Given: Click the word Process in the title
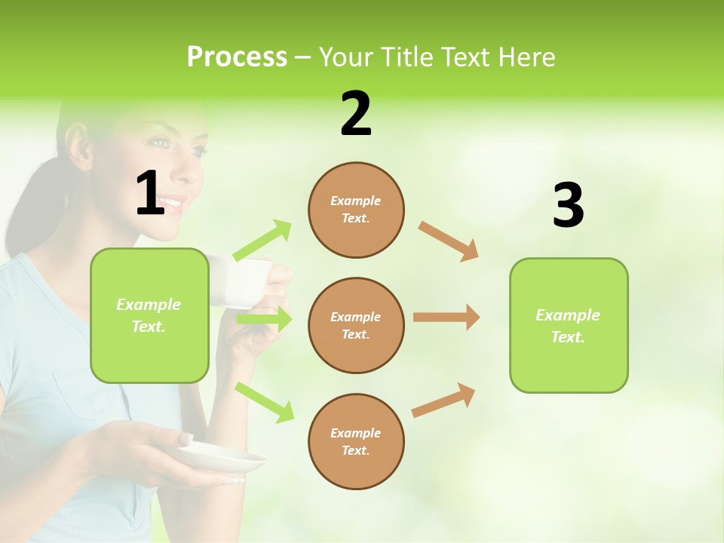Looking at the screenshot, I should tap(237, 57).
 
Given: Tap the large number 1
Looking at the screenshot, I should tap(150, 195).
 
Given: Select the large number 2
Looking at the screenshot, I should tap(356, 115).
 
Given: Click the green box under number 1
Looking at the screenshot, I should tap(149, 315).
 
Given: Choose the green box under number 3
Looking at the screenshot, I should tap(569, 326).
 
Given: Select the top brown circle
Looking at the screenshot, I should tap(356, 210).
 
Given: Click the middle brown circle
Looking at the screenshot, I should tap(356, 326).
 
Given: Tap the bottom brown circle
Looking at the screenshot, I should tap(356, 442).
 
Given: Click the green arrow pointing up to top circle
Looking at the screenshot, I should tap(262, 241).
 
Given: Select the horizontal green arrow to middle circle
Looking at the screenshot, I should tap(264, 319).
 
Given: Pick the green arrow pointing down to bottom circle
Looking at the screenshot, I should tap(265, 402).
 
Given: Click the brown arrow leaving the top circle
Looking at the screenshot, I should tap(449, 242).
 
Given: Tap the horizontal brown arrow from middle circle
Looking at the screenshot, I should tap(446, 317).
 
